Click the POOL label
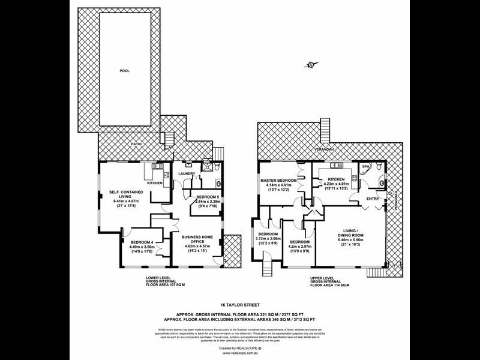124,71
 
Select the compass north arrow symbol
310,65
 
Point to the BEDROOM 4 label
142,242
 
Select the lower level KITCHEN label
154,183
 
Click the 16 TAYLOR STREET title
239,305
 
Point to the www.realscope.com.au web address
239,353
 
